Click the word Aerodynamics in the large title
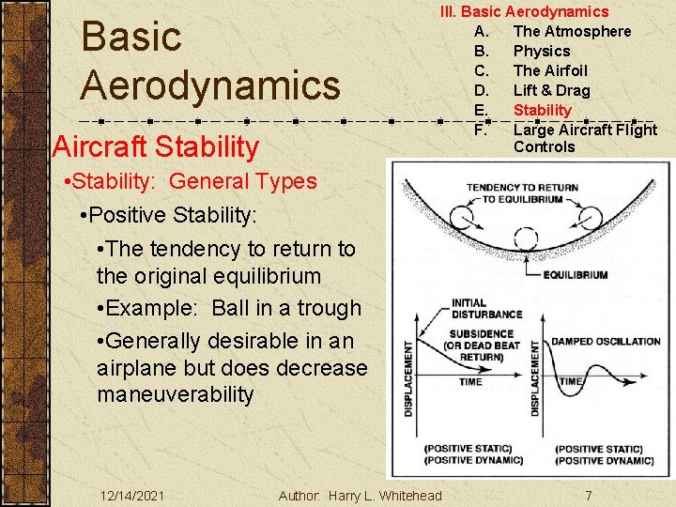point(210,84)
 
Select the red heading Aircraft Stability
point(156,146)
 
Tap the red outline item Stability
point(542,110)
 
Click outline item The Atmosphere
point(572,31)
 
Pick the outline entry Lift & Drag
point(551,90)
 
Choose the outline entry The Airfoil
point(550,70)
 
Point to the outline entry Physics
point(542,51)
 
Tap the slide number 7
point(588,495)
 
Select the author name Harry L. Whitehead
point(385,495)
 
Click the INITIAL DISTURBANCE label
point(482,309)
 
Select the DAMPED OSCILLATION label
point(605,341)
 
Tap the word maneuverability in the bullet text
point(175,394)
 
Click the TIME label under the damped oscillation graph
point(572,381)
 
